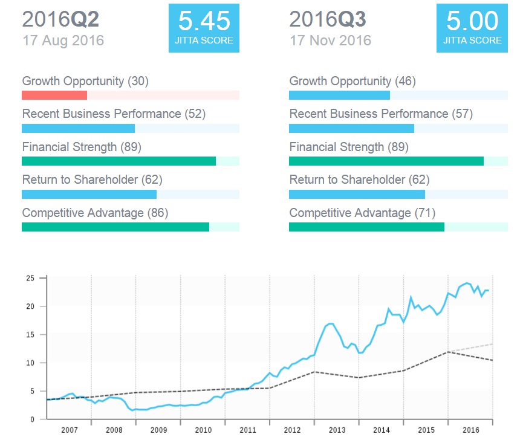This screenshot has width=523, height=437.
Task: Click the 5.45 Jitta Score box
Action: tap(204, 27)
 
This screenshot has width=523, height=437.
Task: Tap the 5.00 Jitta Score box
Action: tap(472, 27)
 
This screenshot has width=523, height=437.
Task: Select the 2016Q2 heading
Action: tap(60, 19)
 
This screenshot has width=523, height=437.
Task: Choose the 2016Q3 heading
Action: tap(328, 19)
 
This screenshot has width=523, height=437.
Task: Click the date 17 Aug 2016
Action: tap(63, 41)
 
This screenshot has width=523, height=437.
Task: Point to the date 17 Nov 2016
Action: tap(330, 41)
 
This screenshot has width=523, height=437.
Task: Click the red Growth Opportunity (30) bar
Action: tap(54, 95)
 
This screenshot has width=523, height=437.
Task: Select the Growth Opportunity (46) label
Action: tap(352, 81)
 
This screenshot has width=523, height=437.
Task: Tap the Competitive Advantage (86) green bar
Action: tap(115, 227)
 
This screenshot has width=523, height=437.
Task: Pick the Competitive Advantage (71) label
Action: tap(362, 213)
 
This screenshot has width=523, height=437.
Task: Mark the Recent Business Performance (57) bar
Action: tap(351, 128)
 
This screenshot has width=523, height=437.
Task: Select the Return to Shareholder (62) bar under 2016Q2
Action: tap(89, 193)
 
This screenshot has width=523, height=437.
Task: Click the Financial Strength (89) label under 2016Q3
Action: tap(349, 147)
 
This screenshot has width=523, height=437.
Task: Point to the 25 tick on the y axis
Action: tap(30, 279)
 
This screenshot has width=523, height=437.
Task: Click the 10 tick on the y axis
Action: tap(30, 363)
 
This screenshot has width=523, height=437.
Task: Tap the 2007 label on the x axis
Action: tap(69, 430)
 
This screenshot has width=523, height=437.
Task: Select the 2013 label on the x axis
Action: tap(337, 430)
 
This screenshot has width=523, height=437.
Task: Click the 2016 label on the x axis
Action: tap(470, 430)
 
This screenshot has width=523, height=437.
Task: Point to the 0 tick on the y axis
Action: tap(32, 419)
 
